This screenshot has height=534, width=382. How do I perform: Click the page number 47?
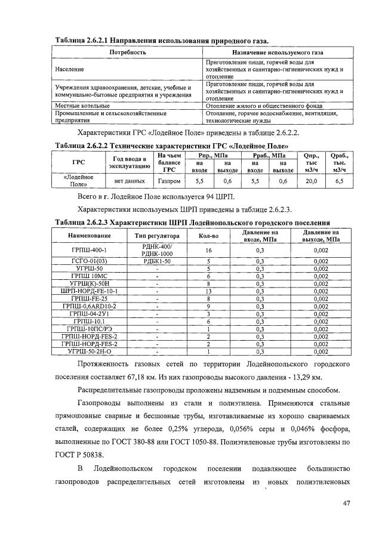346,502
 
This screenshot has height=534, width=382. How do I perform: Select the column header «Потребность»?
127,53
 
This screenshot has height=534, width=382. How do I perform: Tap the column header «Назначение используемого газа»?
272,53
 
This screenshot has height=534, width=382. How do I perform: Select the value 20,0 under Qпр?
311,180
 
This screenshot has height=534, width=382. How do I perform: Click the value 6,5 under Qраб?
339,180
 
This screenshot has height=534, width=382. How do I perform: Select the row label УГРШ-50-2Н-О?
88,352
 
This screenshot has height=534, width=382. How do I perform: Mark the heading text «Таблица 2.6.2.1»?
82,41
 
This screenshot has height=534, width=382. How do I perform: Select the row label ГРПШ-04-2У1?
88,313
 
